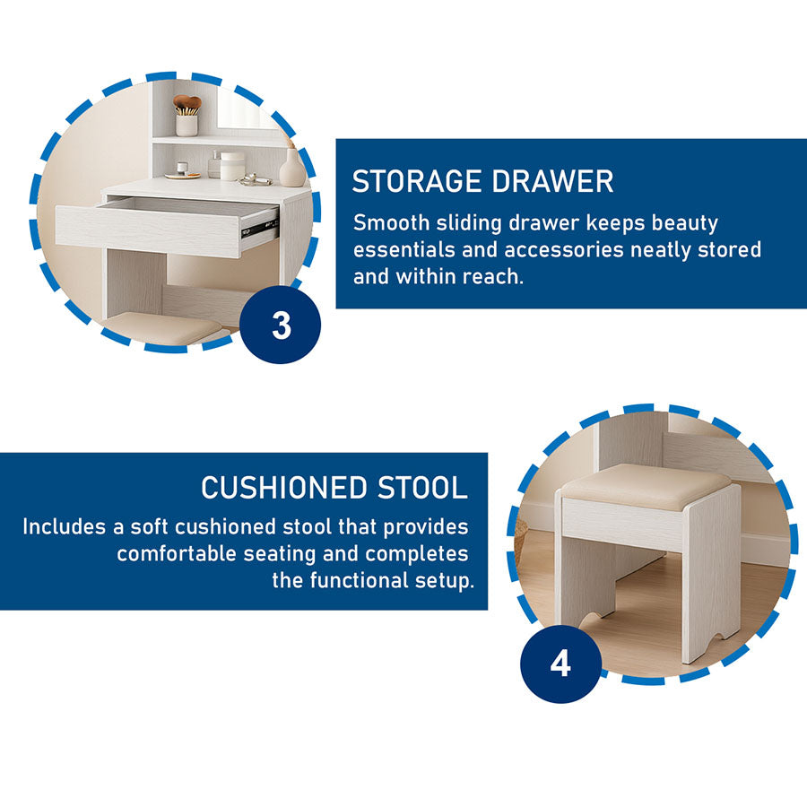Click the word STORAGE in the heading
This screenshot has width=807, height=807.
[417, 181]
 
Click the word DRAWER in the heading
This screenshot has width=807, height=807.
[552, 181]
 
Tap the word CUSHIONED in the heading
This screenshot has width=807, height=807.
[283, 488]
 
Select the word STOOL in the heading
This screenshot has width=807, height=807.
[422, 488]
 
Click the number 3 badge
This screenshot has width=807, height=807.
[281, 325]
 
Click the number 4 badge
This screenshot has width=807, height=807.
[560, 664]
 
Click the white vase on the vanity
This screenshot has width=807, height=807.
[292, 168]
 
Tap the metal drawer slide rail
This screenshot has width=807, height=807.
[260, 227]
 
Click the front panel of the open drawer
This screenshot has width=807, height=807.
[148, 231]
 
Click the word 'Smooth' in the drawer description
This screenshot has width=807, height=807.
[391, 223]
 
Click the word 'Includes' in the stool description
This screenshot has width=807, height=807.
[64, 527]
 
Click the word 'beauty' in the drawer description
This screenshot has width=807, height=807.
[684, 224]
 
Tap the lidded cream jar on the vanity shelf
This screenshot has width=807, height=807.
[232, 166]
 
